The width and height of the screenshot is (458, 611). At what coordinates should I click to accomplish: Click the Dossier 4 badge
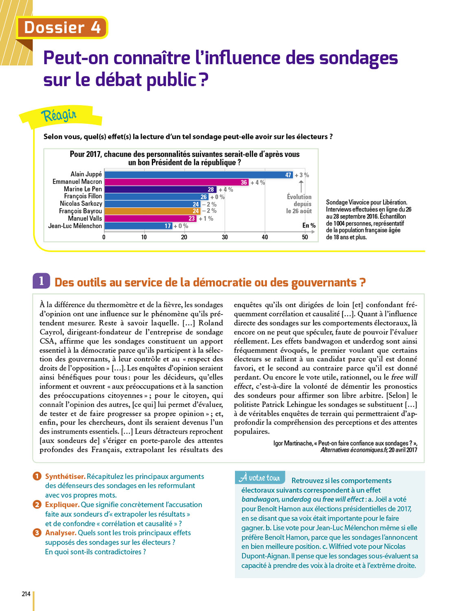pos(62,27)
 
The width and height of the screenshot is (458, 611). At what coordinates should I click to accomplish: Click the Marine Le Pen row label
pos(83,189)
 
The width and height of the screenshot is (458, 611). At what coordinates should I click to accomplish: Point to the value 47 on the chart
pos(288,175)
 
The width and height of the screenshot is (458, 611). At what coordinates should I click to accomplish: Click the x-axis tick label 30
pos(225,237)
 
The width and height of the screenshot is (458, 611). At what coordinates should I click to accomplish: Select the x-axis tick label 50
pos(305,237)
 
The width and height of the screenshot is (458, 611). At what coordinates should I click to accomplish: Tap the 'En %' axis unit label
pos(309,225)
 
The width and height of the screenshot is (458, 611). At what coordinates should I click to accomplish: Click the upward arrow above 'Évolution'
pos(301,186)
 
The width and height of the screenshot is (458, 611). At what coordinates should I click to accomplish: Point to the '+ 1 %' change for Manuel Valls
pos(206,218)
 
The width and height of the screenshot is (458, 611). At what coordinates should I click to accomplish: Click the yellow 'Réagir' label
pos(59,115)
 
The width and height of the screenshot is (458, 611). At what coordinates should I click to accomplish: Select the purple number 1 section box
pos(41,281)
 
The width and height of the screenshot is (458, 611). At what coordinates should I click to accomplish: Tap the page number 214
pos(26,594)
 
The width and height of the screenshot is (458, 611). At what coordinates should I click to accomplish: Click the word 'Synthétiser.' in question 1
pos(65,476)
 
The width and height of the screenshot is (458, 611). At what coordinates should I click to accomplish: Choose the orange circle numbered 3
pos(37,532)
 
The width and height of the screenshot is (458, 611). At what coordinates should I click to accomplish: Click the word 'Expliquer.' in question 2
pos(62,504)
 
